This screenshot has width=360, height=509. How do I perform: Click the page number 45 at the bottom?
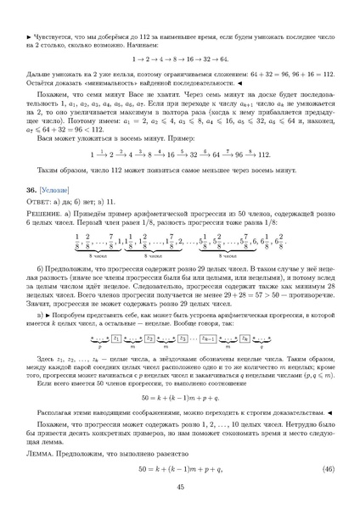[x=180, y=487]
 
